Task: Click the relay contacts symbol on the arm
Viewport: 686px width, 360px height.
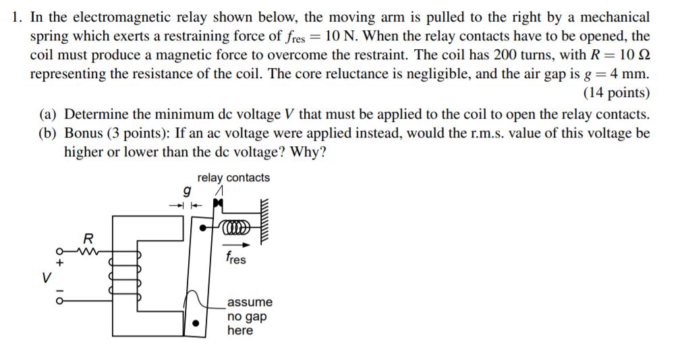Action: point(217,202)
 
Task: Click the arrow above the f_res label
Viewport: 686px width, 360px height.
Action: point(237,245)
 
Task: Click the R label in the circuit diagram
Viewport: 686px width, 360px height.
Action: point(87,238)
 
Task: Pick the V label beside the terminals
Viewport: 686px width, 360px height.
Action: point(47,277)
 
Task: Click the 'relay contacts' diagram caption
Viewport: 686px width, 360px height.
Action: point(233,178)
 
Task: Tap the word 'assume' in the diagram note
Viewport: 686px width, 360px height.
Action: point(250,302)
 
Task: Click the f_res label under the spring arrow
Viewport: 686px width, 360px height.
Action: point(236,258)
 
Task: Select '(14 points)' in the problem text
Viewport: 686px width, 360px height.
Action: point(617,92)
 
